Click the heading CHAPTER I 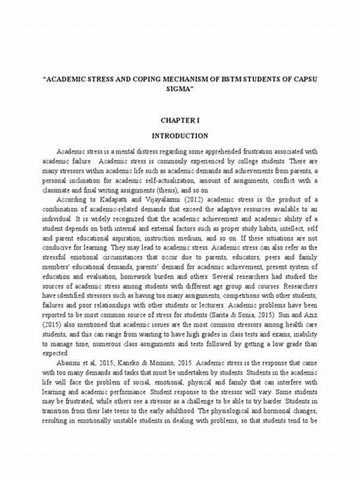coord(180,121)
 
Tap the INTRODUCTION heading coord(180,136)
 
